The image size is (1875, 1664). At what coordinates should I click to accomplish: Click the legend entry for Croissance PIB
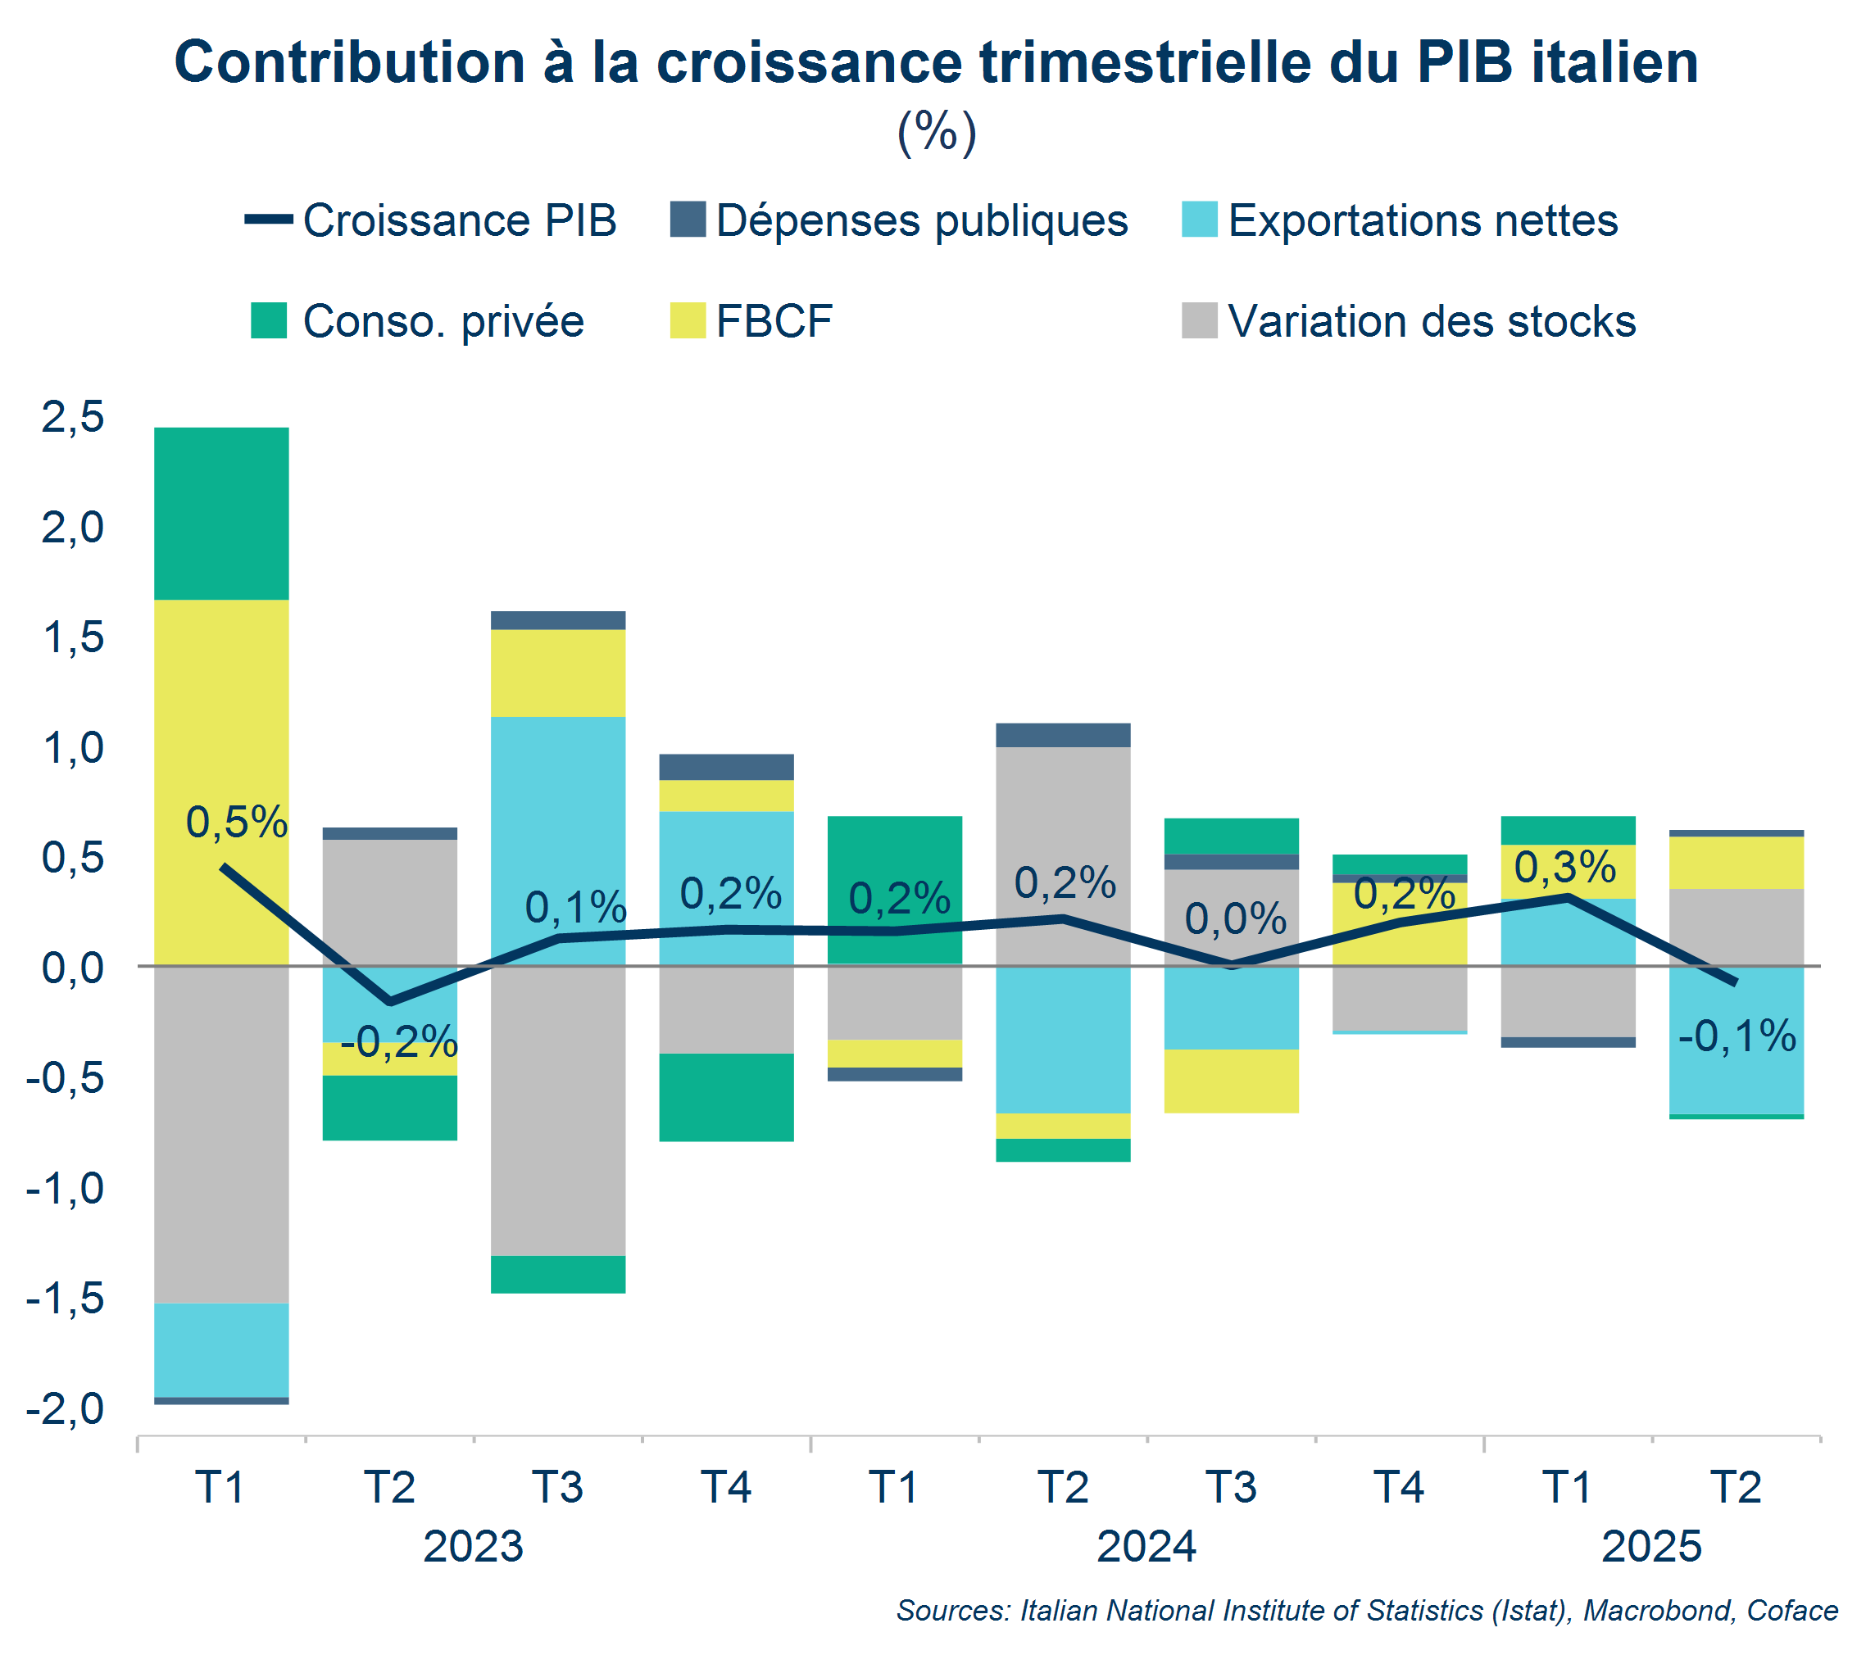tap(431, 220)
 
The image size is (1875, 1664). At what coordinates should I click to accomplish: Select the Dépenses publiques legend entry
tap(899, 220)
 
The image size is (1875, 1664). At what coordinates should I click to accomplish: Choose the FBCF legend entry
tap(752, 321)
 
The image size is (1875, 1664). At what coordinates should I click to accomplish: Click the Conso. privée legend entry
tap(418, 321)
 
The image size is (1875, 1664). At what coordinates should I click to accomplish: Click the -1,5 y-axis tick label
tap(66, 1298)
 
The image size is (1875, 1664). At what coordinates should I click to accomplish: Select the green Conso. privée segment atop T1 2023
tap(221, 514)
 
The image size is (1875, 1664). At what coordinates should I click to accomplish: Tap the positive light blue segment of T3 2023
tap(558, 826)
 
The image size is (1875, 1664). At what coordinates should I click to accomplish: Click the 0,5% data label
tap(237, 822)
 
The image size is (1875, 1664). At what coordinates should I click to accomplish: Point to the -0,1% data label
tap(1737, 1036)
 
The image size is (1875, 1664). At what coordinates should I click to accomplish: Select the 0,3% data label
tap(1565, 867)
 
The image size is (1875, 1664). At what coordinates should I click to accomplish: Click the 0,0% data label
tap(1236, 919)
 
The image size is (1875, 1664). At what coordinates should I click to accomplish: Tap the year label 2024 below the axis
tap(1146, 1547)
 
